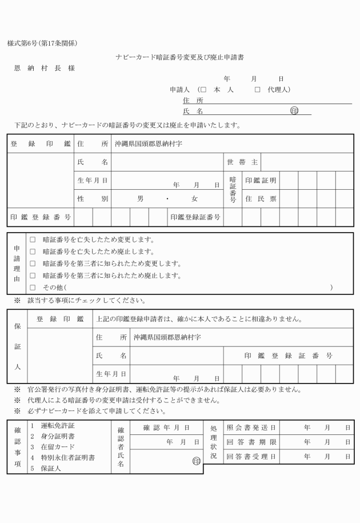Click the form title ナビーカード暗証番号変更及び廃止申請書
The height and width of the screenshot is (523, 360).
pos(179,57)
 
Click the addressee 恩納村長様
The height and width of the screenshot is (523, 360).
pos(44,69)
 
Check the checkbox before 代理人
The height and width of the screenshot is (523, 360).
pos(257,90)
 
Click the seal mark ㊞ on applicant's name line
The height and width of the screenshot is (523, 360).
pos(294,111)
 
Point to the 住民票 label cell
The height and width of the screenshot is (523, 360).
pos(261,199)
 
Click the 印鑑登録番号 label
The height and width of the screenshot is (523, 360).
pos(41,217)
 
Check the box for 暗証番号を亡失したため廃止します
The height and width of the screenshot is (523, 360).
pos(33,251)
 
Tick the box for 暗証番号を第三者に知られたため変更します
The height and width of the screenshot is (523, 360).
pos(33,264)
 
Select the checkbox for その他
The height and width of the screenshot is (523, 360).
pos(33,288)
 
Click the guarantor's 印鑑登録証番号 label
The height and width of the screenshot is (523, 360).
pos(288,356)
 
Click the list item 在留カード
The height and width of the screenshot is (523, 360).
pos(54,447)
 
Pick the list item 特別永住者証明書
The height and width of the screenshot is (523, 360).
pos(63,458)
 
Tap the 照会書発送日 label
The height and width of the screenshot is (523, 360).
pos(251,428)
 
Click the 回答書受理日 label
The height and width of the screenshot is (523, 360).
pos(251,457)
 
